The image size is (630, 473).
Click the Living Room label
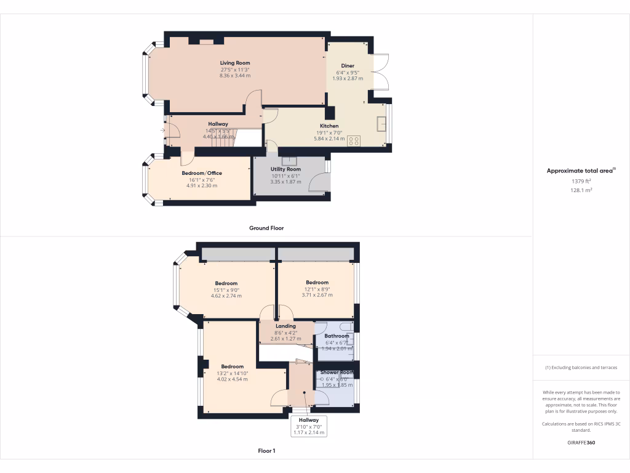(x=235, y=63)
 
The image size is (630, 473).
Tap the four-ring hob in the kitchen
(x=354, y=140)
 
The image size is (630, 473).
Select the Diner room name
(x=348, y=65)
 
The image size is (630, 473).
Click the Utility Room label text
(x=285, y=169)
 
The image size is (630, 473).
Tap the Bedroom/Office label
(x=202, y=173)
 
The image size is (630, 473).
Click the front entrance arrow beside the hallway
(x=164, y=130)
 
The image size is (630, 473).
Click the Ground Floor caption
(x=266, y=228)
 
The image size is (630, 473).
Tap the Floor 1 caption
(x=266, y=451)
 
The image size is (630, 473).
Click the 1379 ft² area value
(x=581, y=182)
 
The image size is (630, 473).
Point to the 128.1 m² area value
(x=581, y=191)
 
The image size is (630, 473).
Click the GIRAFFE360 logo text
(x=581, y=443)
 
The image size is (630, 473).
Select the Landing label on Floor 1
(x=285, y=326)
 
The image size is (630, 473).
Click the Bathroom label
(x=337, y=336)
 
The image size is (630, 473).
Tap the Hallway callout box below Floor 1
(x=308, y=426)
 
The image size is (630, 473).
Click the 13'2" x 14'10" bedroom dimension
(x=232, y=373)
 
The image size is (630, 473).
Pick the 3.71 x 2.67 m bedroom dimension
(x=317, y=295)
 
